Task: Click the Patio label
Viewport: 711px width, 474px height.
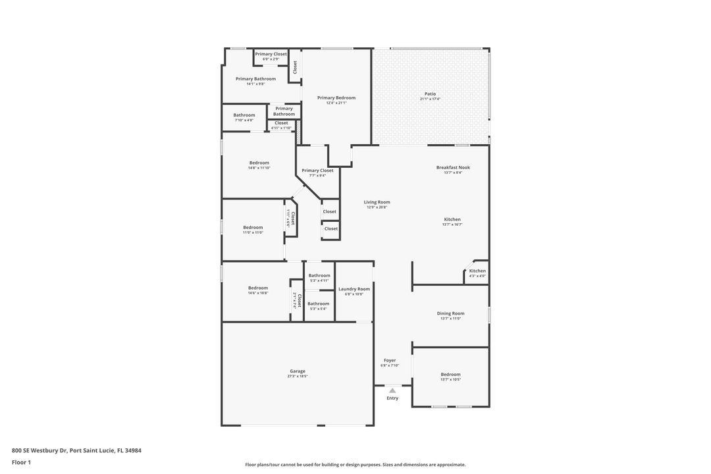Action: click(x=430, y=93)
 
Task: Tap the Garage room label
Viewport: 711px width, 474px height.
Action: click(x=298, y=371)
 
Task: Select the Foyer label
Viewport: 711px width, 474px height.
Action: click(x=390, y=360)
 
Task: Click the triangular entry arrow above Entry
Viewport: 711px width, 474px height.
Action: click(x=392, y=390)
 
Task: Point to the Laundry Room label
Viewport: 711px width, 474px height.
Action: click(x=354, y=288)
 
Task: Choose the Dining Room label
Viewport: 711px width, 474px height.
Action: click(x=450, y=313)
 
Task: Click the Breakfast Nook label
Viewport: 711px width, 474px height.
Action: click(x=453, y=167)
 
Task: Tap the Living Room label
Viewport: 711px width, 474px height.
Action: click(x=377, y=202)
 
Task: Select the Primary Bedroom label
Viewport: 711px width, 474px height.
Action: click(x=336, y=97)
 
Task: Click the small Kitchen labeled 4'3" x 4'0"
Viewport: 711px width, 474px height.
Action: click(x=477, y=271)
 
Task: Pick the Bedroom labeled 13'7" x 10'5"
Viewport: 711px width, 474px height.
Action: click(x=450, y=374)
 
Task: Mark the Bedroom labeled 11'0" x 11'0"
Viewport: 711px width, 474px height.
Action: click(x=253, y=227)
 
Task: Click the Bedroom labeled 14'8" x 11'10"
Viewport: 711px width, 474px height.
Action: click(x=259, y=163)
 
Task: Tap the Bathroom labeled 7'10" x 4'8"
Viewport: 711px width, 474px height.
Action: click(x=244, y=115)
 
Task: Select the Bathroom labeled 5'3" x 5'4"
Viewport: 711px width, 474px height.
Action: click(x=319, y=303)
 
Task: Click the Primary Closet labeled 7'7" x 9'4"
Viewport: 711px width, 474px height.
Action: click(x=317, y=171)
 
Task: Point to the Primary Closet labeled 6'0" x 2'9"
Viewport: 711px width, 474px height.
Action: click(x=271, y=54)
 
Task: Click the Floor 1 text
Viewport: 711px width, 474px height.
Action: click(x=21, y=462)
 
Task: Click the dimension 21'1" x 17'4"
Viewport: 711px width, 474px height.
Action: click(x=430, y=99)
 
